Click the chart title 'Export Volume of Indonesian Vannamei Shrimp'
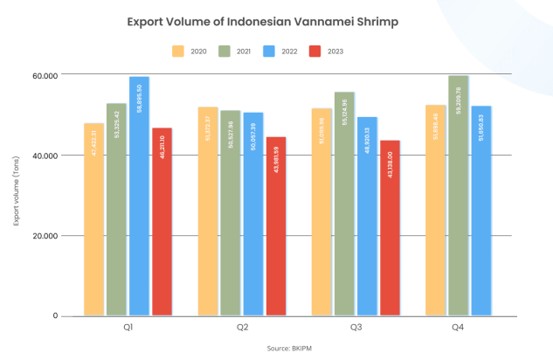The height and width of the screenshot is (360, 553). pos(276,21)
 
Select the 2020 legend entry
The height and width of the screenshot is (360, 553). pos(192,52)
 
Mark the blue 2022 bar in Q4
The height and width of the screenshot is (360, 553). pos(480,211)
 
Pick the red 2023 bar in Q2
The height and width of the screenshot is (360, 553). pos(276,226)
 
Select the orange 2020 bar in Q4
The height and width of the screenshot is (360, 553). pos(435,211)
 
